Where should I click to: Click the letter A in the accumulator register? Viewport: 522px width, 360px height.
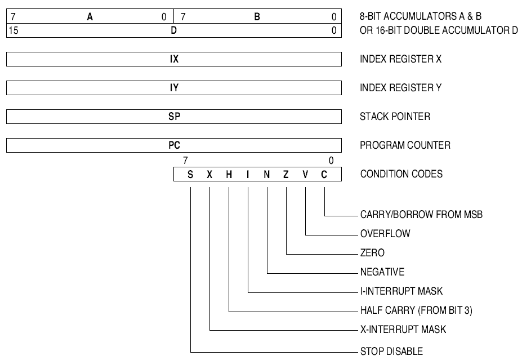pos(90,17)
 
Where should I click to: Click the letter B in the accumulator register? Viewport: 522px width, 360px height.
pos(257,17)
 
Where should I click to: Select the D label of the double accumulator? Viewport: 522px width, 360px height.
pos(174,30)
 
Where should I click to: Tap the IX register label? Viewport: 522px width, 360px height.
pos(174,59)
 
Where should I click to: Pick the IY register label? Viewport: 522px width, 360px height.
pos(174,88)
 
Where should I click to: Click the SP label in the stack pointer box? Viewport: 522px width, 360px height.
pos(174,117)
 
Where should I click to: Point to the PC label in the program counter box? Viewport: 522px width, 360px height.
pos(174,145)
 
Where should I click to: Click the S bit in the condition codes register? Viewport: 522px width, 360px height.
pos(190,175)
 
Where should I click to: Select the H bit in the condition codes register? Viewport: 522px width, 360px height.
pos(229,175)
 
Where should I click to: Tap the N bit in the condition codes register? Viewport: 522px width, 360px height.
pos(267,175)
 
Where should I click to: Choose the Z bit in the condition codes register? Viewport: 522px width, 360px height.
pos(286,175)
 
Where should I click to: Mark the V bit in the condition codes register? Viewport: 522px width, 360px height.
pos(305,175)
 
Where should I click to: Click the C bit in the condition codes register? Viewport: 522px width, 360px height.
pos(324,175)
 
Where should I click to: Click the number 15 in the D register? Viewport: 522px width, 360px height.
pos(14,30)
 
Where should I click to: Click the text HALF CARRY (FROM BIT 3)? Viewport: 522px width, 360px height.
pos(420,310)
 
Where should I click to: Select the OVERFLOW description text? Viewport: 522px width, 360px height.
pos(385,233)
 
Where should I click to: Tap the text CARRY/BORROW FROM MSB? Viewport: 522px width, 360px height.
pos(421,215)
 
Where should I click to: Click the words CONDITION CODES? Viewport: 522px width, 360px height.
pos(401,174)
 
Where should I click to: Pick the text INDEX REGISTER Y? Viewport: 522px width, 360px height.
pos(400,88)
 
